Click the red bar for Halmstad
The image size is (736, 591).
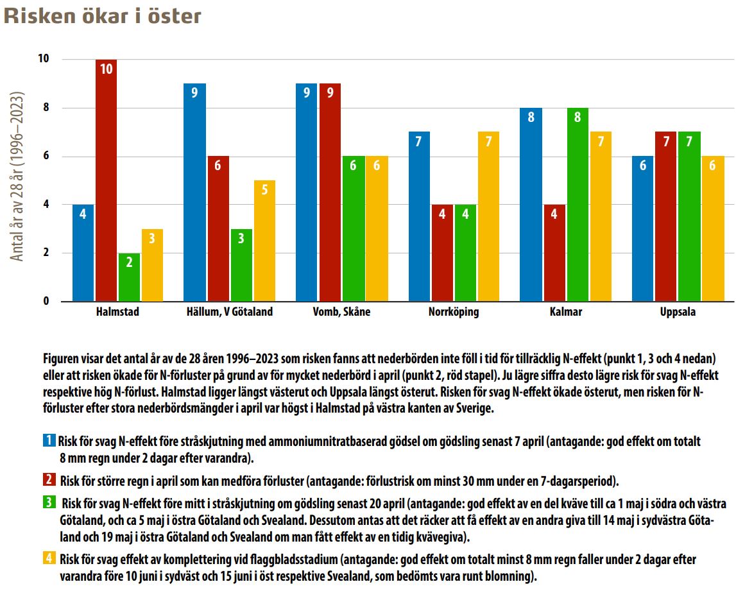(x=107, y=180)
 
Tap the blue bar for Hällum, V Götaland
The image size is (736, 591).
(x=194, y=193)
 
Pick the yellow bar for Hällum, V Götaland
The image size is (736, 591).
(x=264, y=241)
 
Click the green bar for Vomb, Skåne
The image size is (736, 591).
(x=353, y=228)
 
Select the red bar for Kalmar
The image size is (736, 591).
(x=554, y=253)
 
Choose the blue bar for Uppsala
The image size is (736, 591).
(x=643, y=228)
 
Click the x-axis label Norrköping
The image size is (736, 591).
(x=454, y=313)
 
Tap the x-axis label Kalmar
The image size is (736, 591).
(x=565, y=313)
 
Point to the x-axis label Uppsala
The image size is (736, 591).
(x=677, y=313)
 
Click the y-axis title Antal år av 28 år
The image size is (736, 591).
(x=18, y=176)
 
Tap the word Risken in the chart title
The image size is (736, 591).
(x=39, y=16)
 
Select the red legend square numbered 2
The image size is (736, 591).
(x=49, y=479)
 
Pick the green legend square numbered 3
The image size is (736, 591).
(x=49, y=502)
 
